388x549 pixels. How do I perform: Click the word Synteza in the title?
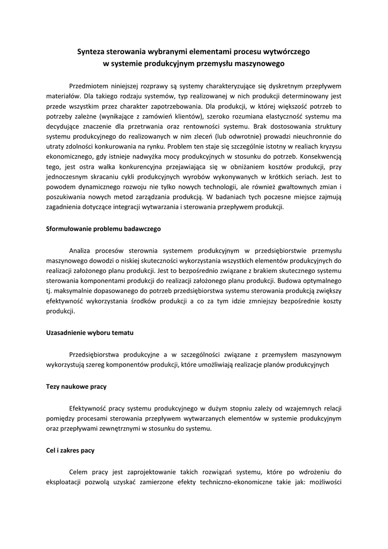tap(92, 52)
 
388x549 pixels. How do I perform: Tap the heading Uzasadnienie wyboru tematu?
tap(89, 332)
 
